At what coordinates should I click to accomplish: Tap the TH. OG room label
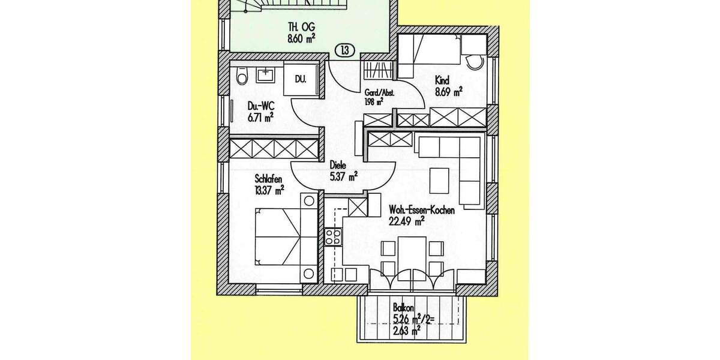coord(301,28)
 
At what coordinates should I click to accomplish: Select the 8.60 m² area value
coord(301,40)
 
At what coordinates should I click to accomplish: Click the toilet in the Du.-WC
coord(242,77)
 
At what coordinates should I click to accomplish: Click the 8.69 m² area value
coord(449,92)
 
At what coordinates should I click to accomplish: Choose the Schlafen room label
coord(268,179)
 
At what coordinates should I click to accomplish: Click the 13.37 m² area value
coord(269,190)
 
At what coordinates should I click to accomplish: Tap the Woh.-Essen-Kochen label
coord(422,211)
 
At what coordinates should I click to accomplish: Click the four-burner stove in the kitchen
coord(332,237)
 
